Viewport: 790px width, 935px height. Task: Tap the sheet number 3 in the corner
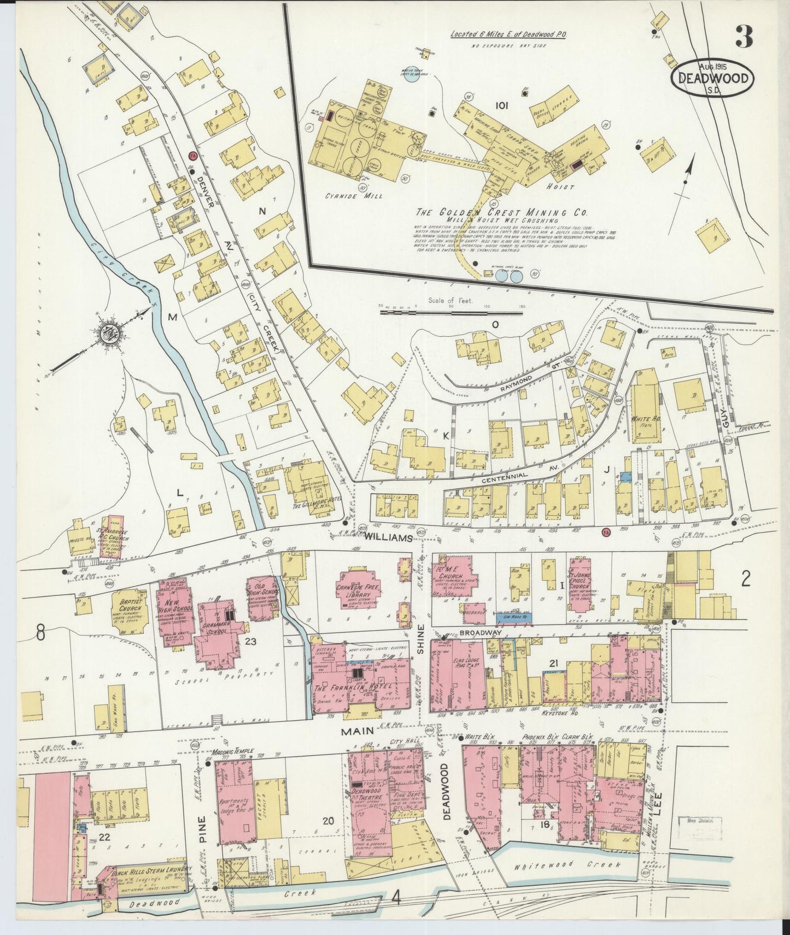click(x=744, y=37)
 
